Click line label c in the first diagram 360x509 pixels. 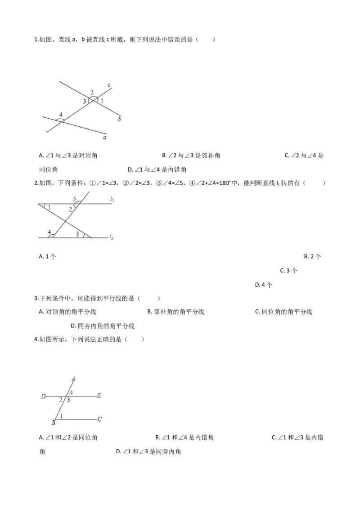pyautogui.click(x=109, y=85)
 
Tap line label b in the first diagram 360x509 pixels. pyautogui.click(x=119, y=119)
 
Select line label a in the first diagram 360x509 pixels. pyautogui.click(x=104, y=138)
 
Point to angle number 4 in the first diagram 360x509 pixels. pyautogui.click(x=60, y=115)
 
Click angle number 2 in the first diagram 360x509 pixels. pyautogui.click(x=92, y=93)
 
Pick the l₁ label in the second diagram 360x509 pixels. pyautogui.click(x=112, y=200)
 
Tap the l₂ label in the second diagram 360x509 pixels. pyautogui.click(x=112, y=237)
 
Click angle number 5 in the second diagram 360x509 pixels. pyautogui.click(x=74, y=199)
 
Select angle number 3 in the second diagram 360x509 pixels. pyautogui.click(x=77, y=234)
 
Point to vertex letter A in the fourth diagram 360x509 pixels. pyautogui.click(x=73, y=379)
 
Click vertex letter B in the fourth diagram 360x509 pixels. pyautogui.click(x=53, y=423)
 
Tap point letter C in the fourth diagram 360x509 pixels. pyautogui.click(x=99, y=419)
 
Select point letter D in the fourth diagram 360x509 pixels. pyautogui.click(x=43, y=396)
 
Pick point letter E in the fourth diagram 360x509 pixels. pyautogui.click(x=99, y=395)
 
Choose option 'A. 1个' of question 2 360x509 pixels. pyautogui.click(x=47, y=256)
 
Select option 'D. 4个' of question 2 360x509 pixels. pyautogui.click(x=264, y=285)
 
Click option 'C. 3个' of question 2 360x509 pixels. pyautogui.click(x=289, y=271)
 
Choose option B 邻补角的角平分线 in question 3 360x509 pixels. pyautogui.click(x=175, y=312)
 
